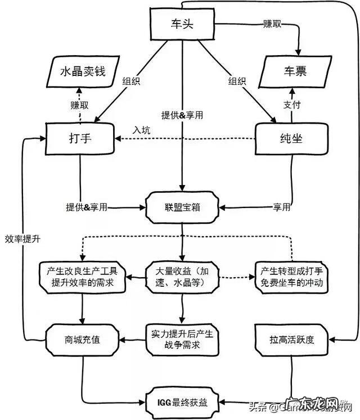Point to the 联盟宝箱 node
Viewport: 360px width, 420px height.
point(182,207)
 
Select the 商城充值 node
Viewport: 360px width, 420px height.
point(83,339)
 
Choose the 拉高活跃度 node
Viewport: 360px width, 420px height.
point(291,339)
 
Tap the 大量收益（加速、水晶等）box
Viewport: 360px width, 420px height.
point(182,277)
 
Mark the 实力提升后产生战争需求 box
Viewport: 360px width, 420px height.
point(182,339)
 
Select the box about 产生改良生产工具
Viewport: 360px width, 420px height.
point(83,277)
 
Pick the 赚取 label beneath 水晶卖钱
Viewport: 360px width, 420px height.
point(80,105)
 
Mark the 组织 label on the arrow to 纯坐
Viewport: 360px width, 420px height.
point(237,81)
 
